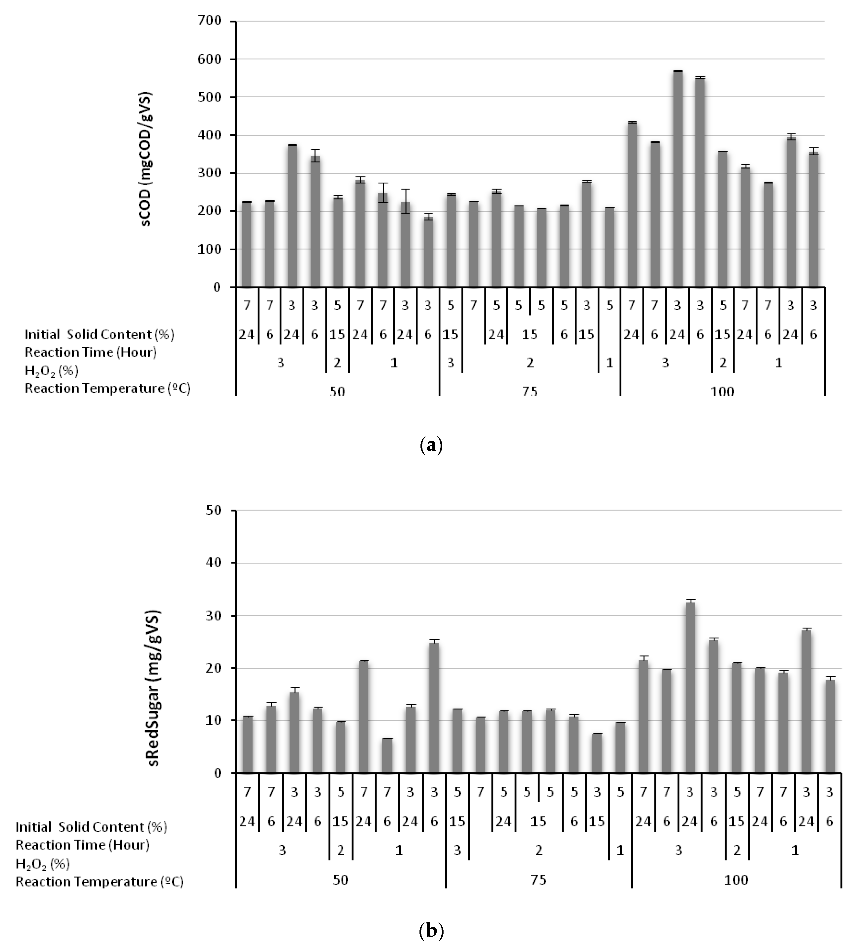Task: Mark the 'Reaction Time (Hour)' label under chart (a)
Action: pos(91,352)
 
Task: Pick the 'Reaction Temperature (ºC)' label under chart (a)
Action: pos(107,389)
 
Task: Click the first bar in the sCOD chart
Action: pos(247,244)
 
